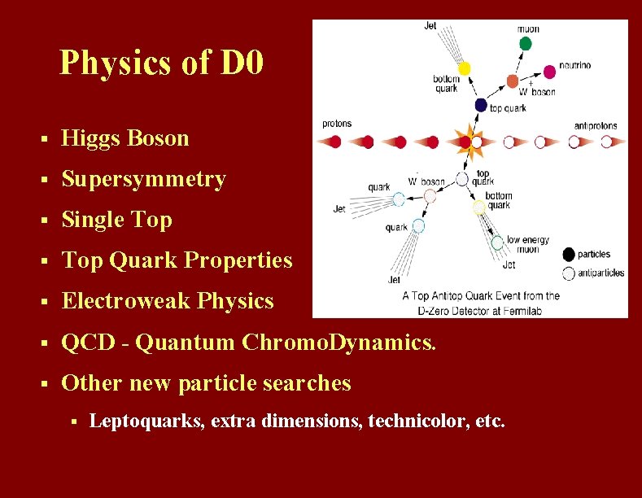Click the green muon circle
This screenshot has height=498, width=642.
tap(526, 42)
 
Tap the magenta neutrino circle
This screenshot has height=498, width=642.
tap(550, 72)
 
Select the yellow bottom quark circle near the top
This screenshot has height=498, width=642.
tap(465, 68)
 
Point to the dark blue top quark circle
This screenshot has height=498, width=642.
tap(481, 105)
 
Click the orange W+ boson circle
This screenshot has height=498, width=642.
tap(512, 81)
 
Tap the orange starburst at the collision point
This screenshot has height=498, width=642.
tap(469, 142)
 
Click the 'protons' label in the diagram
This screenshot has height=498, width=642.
tap(337, 124)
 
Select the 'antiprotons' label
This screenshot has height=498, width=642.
tap(596, 125)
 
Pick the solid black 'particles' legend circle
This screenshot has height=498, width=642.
tap(569, 254)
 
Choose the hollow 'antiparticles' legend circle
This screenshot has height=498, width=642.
tap(569, 273)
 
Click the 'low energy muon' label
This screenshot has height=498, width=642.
tap(527, 244)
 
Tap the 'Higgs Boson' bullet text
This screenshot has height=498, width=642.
tap(125, 138)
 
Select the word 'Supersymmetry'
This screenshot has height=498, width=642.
tap(144, 179)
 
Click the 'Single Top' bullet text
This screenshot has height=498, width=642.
tap(117, 220)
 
